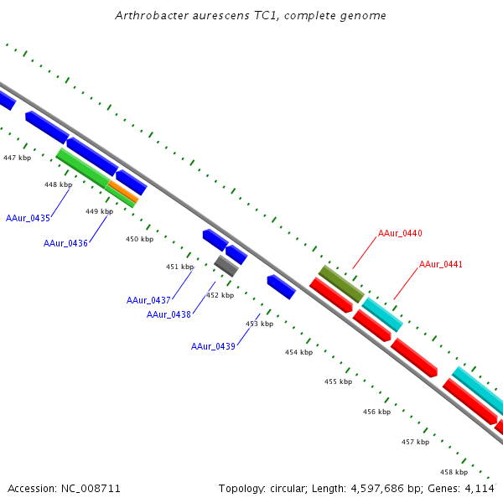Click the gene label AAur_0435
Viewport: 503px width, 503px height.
29,218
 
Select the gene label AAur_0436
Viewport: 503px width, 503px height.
65,243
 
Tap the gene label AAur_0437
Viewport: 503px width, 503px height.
148,300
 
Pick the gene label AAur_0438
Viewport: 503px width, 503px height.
169,314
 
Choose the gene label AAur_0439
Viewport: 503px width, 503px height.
213,346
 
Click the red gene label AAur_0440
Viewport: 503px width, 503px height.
400,233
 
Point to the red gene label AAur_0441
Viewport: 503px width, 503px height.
441,264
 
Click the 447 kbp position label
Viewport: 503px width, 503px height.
17,158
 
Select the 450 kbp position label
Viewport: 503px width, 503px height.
139,239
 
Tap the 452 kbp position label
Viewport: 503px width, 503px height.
220,295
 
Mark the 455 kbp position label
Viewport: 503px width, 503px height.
338,381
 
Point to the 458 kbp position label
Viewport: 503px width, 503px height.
454,472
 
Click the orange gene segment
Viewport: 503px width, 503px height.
123,192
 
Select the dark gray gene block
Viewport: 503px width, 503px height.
226,267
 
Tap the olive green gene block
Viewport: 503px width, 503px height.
340,283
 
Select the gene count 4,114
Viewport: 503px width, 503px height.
480,488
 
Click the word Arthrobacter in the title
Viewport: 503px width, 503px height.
150,16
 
